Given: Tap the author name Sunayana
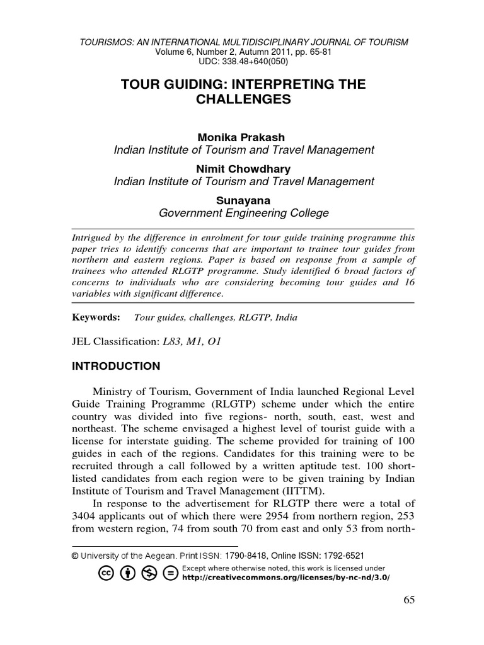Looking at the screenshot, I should [x=243, y=200].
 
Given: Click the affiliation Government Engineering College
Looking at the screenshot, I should [x=243, y=213].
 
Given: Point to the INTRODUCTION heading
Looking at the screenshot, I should [x=117, y=366].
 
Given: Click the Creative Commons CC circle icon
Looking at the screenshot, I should [x=106, y=573].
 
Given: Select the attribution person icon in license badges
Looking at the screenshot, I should [x=127, y=573].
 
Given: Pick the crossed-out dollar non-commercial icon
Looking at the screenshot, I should [x=149, y=573].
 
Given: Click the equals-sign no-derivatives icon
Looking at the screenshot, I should [x=170, y=573].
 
